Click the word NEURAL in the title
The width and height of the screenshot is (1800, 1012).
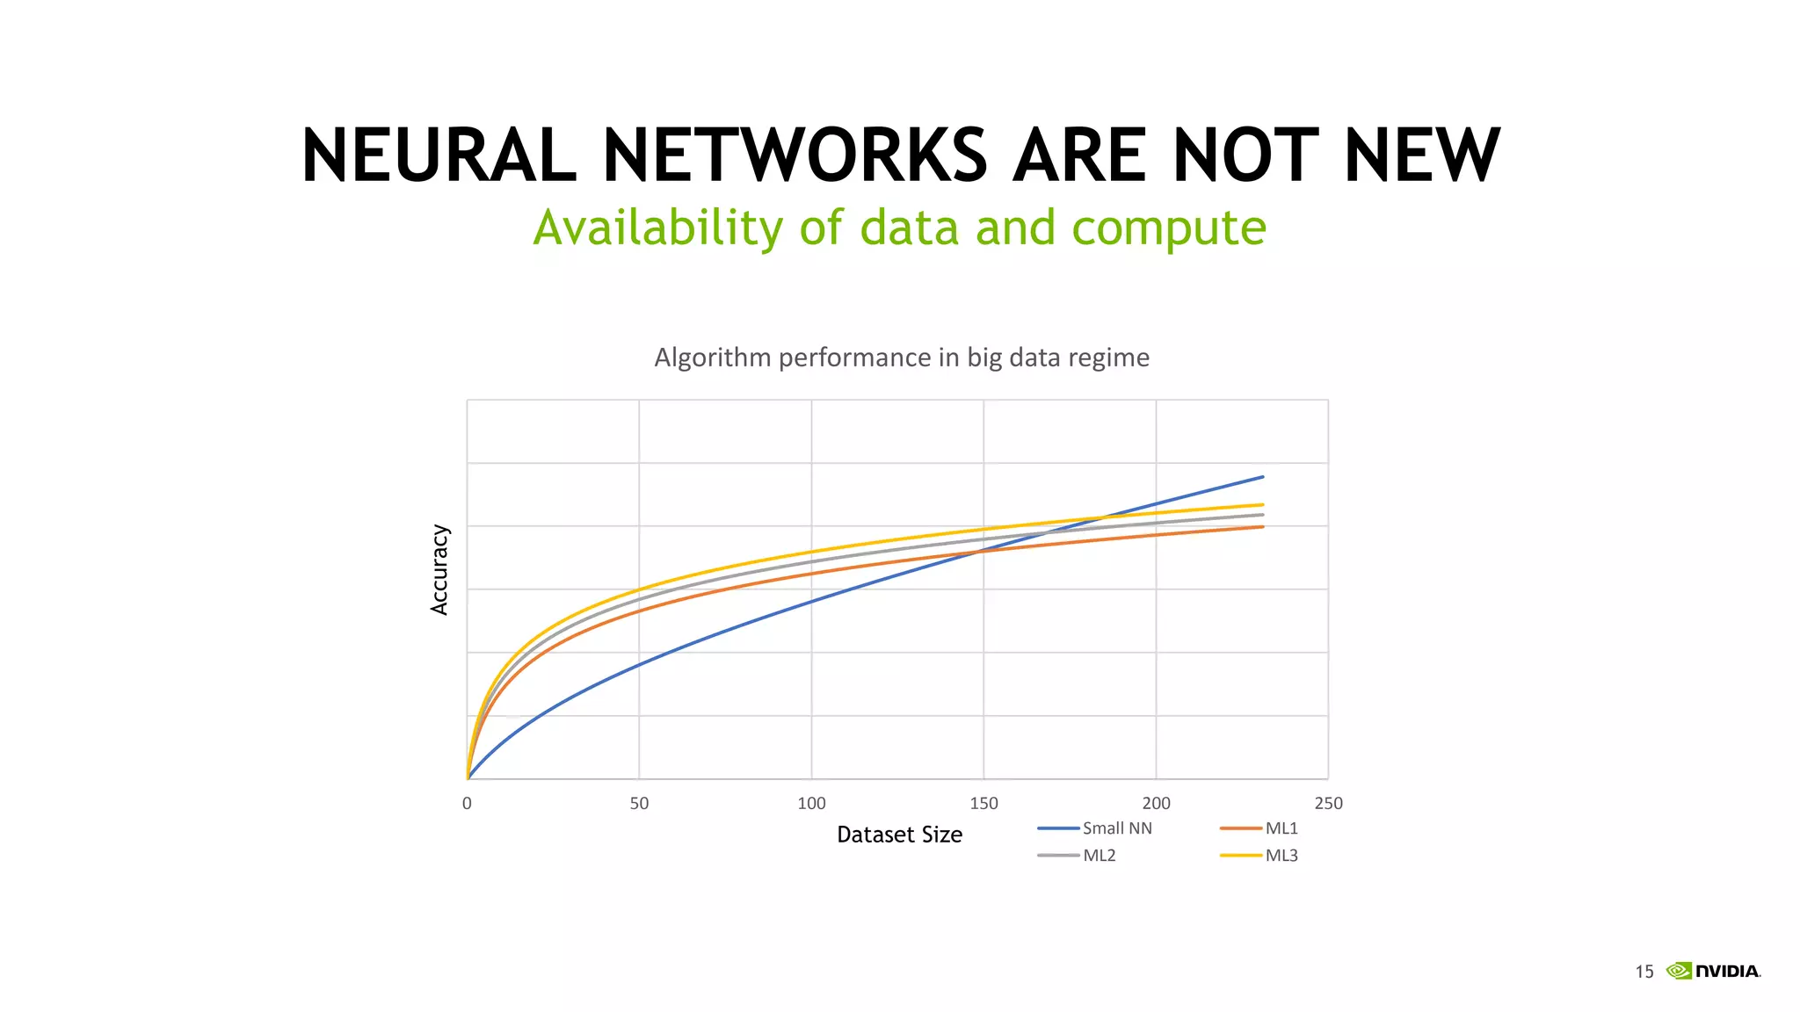click(x=439, y=155)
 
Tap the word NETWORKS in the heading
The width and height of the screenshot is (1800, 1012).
click(x=795, y=155)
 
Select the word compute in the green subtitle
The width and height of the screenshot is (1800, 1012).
click(x=1169, y=228)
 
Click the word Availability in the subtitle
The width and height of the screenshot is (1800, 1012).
click(x=658, y=228)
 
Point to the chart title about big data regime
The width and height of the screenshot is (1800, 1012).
click(x=902, y=358)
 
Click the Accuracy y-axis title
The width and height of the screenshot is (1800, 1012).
click(x=439, y=569)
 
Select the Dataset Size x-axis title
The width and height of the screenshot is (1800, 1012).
click(x=899, y=835)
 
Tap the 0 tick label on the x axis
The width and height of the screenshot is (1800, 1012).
click(x=467, y=803)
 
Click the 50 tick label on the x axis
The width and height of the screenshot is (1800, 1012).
click(x=639, y=803)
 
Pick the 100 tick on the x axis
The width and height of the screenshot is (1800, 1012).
click(x=811, y=803)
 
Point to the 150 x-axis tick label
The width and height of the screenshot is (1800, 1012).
click(x=983, y=803)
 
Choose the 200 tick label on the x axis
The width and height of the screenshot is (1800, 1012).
click(x=1156, y=803)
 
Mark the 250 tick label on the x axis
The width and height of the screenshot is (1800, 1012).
click(x=1328, y=803)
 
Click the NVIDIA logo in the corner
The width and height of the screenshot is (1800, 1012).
click(x=1713, y=971)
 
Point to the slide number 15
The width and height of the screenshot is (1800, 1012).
click(x=1644, y=972)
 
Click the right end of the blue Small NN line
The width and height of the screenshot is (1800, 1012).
click(x=1262, y=477)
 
